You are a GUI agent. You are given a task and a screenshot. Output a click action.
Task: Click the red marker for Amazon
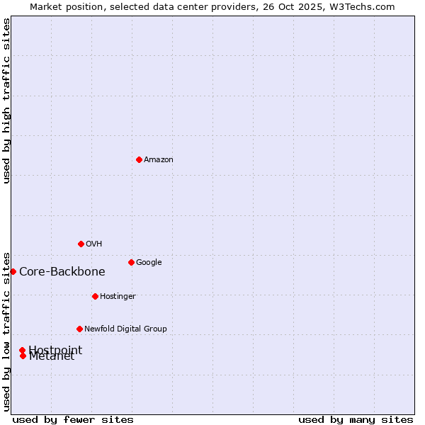[139, 159]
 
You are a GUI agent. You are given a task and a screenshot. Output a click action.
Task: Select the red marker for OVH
[81, 244]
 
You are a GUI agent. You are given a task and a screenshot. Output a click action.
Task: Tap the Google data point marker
[131, 262]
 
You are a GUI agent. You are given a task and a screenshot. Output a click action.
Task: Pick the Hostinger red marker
[95, 296]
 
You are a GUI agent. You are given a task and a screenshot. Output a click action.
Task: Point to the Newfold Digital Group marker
[79, 329]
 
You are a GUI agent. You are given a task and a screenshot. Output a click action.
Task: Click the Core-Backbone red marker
[13, 271]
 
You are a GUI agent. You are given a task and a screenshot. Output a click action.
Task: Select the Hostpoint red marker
[22, 350]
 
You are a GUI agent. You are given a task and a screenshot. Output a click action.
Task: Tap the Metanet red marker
[23, 356]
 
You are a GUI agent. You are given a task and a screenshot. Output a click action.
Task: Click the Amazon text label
[159, 160]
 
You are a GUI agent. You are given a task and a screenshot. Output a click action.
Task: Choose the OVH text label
[94, 244]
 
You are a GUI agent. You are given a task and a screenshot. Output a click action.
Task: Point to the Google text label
[149, 263]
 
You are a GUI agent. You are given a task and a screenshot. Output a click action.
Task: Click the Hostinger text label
[118, 297]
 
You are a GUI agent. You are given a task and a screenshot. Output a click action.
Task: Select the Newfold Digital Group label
[125, 329]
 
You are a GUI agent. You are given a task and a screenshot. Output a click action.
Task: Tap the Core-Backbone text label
[62, 272]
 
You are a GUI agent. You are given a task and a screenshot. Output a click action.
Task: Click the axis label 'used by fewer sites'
[73, 419]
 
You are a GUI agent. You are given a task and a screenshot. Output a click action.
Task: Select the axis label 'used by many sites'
[356, 419]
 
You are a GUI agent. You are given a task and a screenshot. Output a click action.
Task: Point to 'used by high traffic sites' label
[6, 101]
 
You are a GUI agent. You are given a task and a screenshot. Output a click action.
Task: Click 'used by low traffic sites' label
[6, 331]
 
